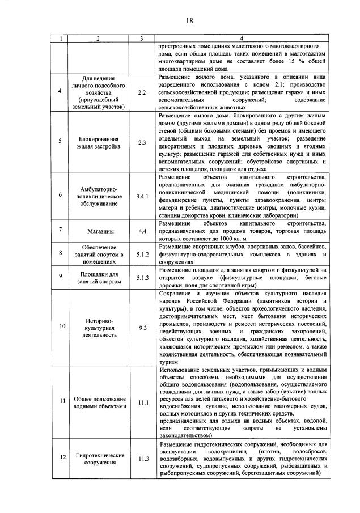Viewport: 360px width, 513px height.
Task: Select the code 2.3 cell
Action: point(142,142)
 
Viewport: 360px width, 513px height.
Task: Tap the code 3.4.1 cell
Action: point(142,196)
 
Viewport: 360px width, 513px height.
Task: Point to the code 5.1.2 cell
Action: point(142,254)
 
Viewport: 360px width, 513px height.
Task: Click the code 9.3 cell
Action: point(142,328)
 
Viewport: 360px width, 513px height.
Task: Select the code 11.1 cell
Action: point(142,402)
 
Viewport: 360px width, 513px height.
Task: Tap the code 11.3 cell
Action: point(142,459)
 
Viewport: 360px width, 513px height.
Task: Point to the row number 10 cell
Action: point(62,327)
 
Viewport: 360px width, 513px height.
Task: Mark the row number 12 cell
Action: point(62,458)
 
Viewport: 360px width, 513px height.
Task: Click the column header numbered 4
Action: point(242,38)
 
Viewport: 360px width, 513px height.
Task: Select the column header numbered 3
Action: point(142,38)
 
